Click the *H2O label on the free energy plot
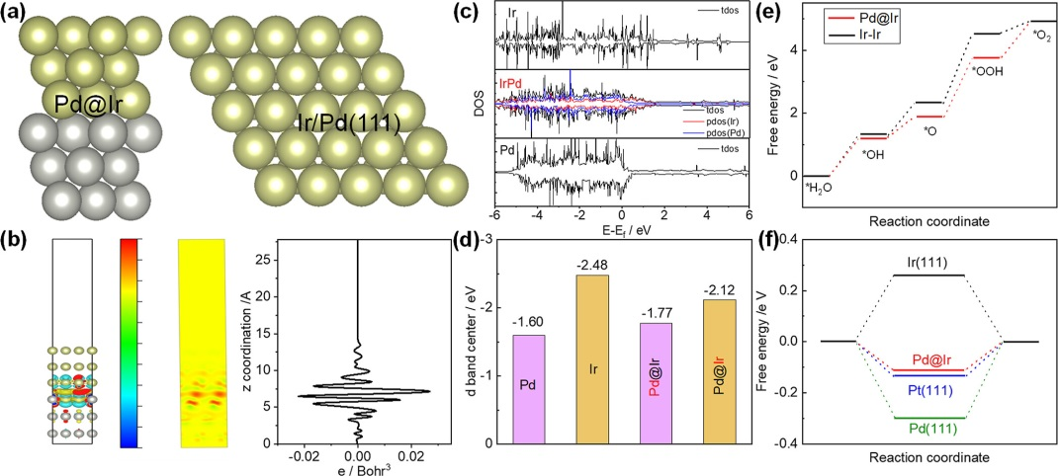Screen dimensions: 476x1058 click(820, 190)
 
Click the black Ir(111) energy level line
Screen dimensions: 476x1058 click(927, 275)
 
